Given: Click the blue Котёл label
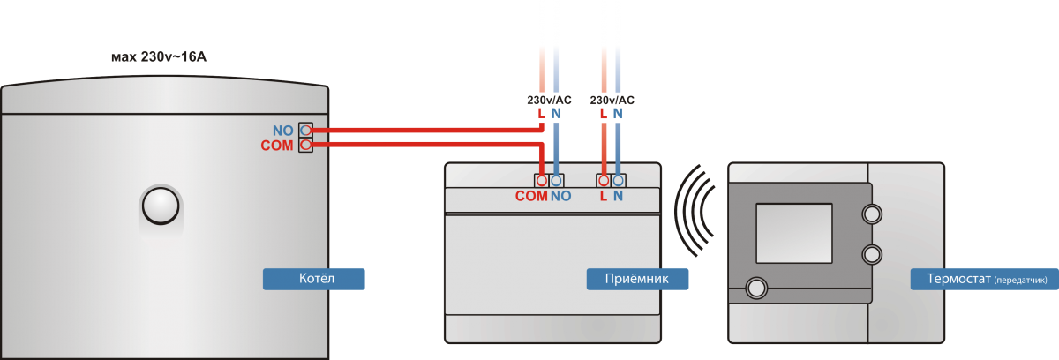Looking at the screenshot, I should coord(314,279).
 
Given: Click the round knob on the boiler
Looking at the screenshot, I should coord(161,206).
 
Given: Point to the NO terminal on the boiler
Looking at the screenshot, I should coord(306,130).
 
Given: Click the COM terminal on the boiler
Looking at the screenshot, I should coord(306,145).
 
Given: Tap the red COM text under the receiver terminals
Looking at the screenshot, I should coord(531,197).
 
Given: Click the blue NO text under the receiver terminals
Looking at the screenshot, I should coord(560,197).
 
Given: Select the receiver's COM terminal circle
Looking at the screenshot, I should coord(541,180).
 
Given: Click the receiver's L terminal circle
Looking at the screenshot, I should coord(604,180).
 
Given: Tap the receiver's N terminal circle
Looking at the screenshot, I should coord(619,180).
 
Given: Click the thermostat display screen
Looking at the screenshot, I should coord(794,231).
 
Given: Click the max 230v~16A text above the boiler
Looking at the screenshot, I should coord(159,58).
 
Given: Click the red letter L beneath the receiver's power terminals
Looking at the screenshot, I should coord(604,197).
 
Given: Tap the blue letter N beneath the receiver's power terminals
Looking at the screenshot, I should coord(619,197).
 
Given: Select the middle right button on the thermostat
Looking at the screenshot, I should coord(872,254).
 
